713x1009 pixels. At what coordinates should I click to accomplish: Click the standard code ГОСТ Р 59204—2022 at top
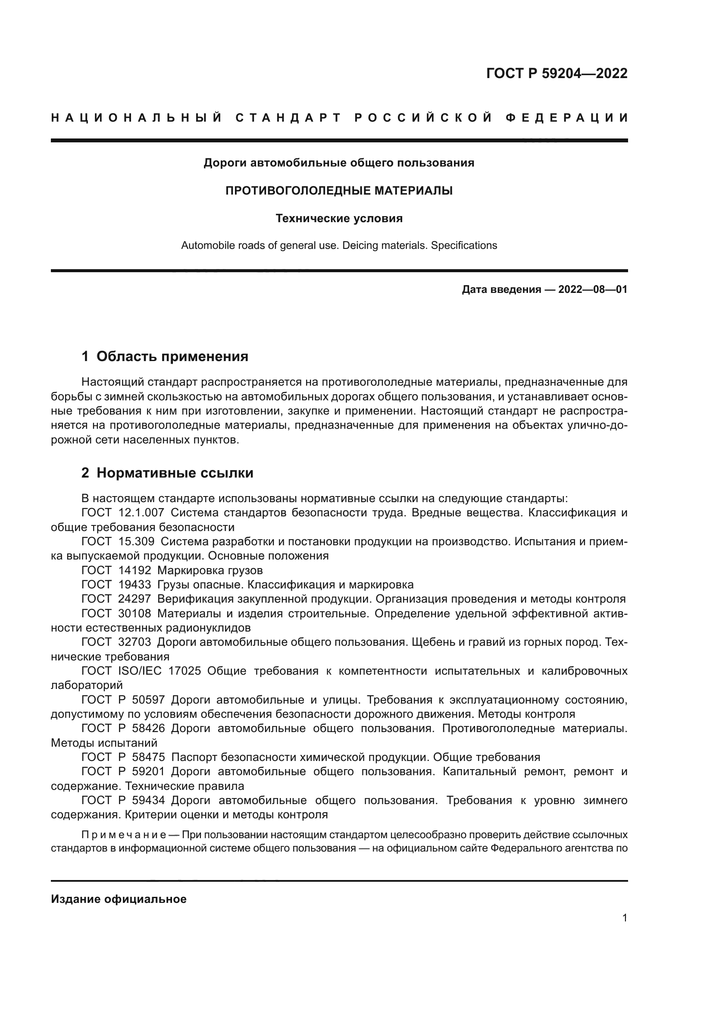557,73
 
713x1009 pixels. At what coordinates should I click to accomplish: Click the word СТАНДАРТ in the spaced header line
288,118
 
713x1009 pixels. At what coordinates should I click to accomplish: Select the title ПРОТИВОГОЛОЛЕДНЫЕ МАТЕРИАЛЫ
339,191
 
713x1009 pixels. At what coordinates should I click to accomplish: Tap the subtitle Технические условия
339,218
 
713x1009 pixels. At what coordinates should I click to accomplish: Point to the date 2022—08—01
592,289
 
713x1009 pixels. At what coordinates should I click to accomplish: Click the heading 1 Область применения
165,356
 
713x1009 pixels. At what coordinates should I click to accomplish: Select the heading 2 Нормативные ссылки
167,473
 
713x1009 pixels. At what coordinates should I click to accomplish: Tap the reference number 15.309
136,541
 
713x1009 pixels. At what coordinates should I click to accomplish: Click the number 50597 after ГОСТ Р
148,700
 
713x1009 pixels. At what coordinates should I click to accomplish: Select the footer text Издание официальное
119,899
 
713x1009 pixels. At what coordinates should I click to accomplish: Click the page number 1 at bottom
625,918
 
